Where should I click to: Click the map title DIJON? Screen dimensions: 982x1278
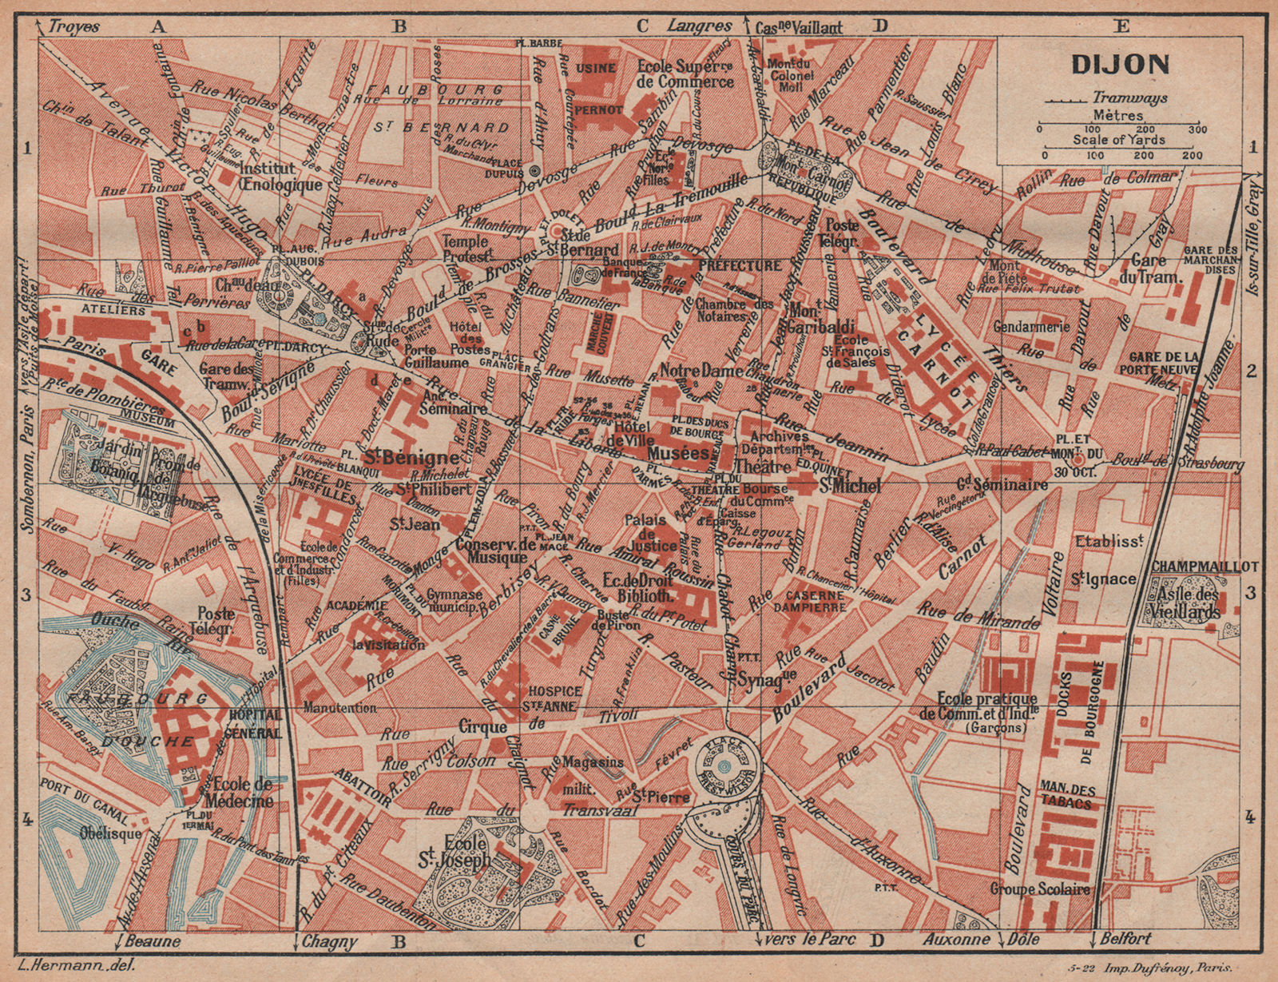tap(1118, 64)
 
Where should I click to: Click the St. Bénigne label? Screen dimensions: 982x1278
tap(411, 458)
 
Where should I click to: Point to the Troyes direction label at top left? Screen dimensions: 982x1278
tap(73, 26)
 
